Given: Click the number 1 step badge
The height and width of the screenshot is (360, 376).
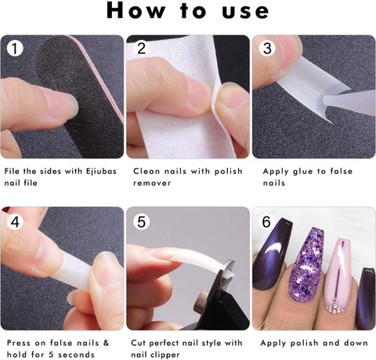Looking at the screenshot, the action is (15, 48).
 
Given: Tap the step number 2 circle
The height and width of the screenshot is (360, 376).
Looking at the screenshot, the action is (141, 48).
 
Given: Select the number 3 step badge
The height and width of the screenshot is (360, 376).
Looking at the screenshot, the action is (267, 48).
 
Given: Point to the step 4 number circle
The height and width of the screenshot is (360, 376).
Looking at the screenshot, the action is (15, 222).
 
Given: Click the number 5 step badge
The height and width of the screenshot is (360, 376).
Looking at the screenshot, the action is (141, 222).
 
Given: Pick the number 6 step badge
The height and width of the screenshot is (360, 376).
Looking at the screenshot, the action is (266, 222).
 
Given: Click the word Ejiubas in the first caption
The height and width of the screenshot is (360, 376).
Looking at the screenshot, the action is (101, 172).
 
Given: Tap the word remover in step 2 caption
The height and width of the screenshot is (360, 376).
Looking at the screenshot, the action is (152, 183).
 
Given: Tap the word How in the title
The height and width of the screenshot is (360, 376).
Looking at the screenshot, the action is (136, 11).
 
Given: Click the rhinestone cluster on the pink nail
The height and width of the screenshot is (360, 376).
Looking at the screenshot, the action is (335, 308).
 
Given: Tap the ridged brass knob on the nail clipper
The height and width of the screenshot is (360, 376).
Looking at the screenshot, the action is (201, 302).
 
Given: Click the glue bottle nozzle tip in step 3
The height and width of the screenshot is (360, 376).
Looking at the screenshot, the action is (325, 100).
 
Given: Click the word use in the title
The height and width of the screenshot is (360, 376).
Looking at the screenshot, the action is (246, 12).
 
